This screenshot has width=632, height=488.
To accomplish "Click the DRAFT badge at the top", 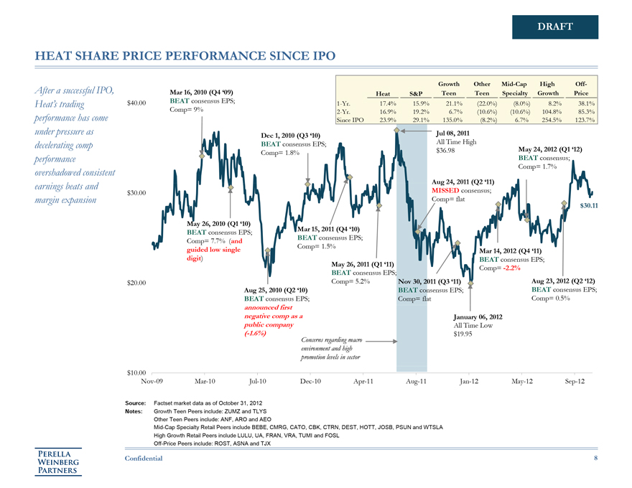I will click(555, 27).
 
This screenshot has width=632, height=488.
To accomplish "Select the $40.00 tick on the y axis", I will click(136, 103).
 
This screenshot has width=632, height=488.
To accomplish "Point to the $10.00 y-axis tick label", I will click(136, 372).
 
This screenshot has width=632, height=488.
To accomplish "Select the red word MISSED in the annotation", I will click(446, 190).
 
